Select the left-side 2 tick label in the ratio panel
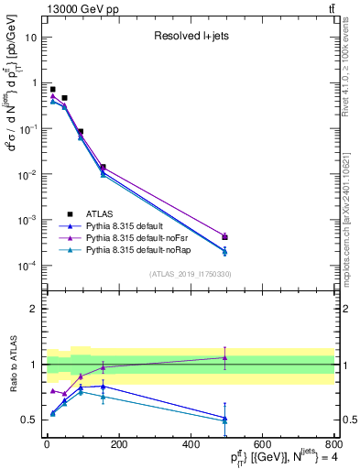[x=33, y=310]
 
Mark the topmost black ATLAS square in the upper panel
[x=52, y=89]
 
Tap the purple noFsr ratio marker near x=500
[x=224, y=357]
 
